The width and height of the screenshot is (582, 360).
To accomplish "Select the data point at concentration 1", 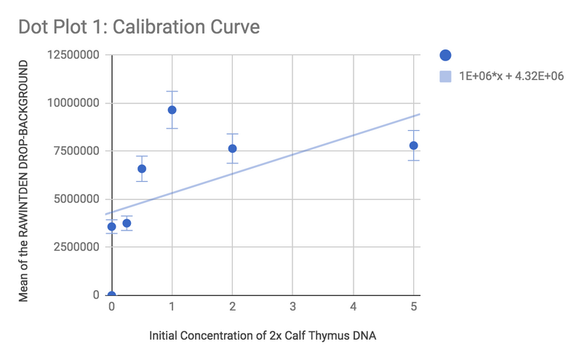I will point(172,110).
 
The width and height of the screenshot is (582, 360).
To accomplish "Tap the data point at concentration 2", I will point(233,148).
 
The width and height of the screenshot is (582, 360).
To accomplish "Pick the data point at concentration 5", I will point(413,145).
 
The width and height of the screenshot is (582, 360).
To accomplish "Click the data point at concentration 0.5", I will point(142,169).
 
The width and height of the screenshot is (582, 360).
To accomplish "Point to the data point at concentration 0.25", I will point(127,223).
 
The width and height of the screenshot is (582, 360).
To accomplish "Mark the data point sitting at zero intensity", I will point(111,295).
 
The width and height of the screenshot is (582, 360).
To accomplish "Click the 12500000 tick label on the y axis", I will point(74,55).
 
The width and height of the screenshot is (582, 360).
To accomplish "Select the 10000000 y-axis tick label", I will point(74,103).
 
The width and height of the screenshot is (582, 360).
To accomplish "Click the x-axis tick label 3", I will point(292,308).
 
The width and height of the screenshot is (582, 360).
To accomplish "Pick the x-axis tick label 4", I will point(353,308).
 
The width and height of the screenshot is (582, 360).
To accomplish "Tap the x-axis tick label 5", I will point(413,308).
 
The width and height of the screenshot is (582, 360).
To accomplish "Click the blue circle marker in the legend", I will point(446,55).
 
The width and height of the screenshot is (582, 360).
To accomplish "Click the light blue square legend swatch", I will point(446,76).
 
